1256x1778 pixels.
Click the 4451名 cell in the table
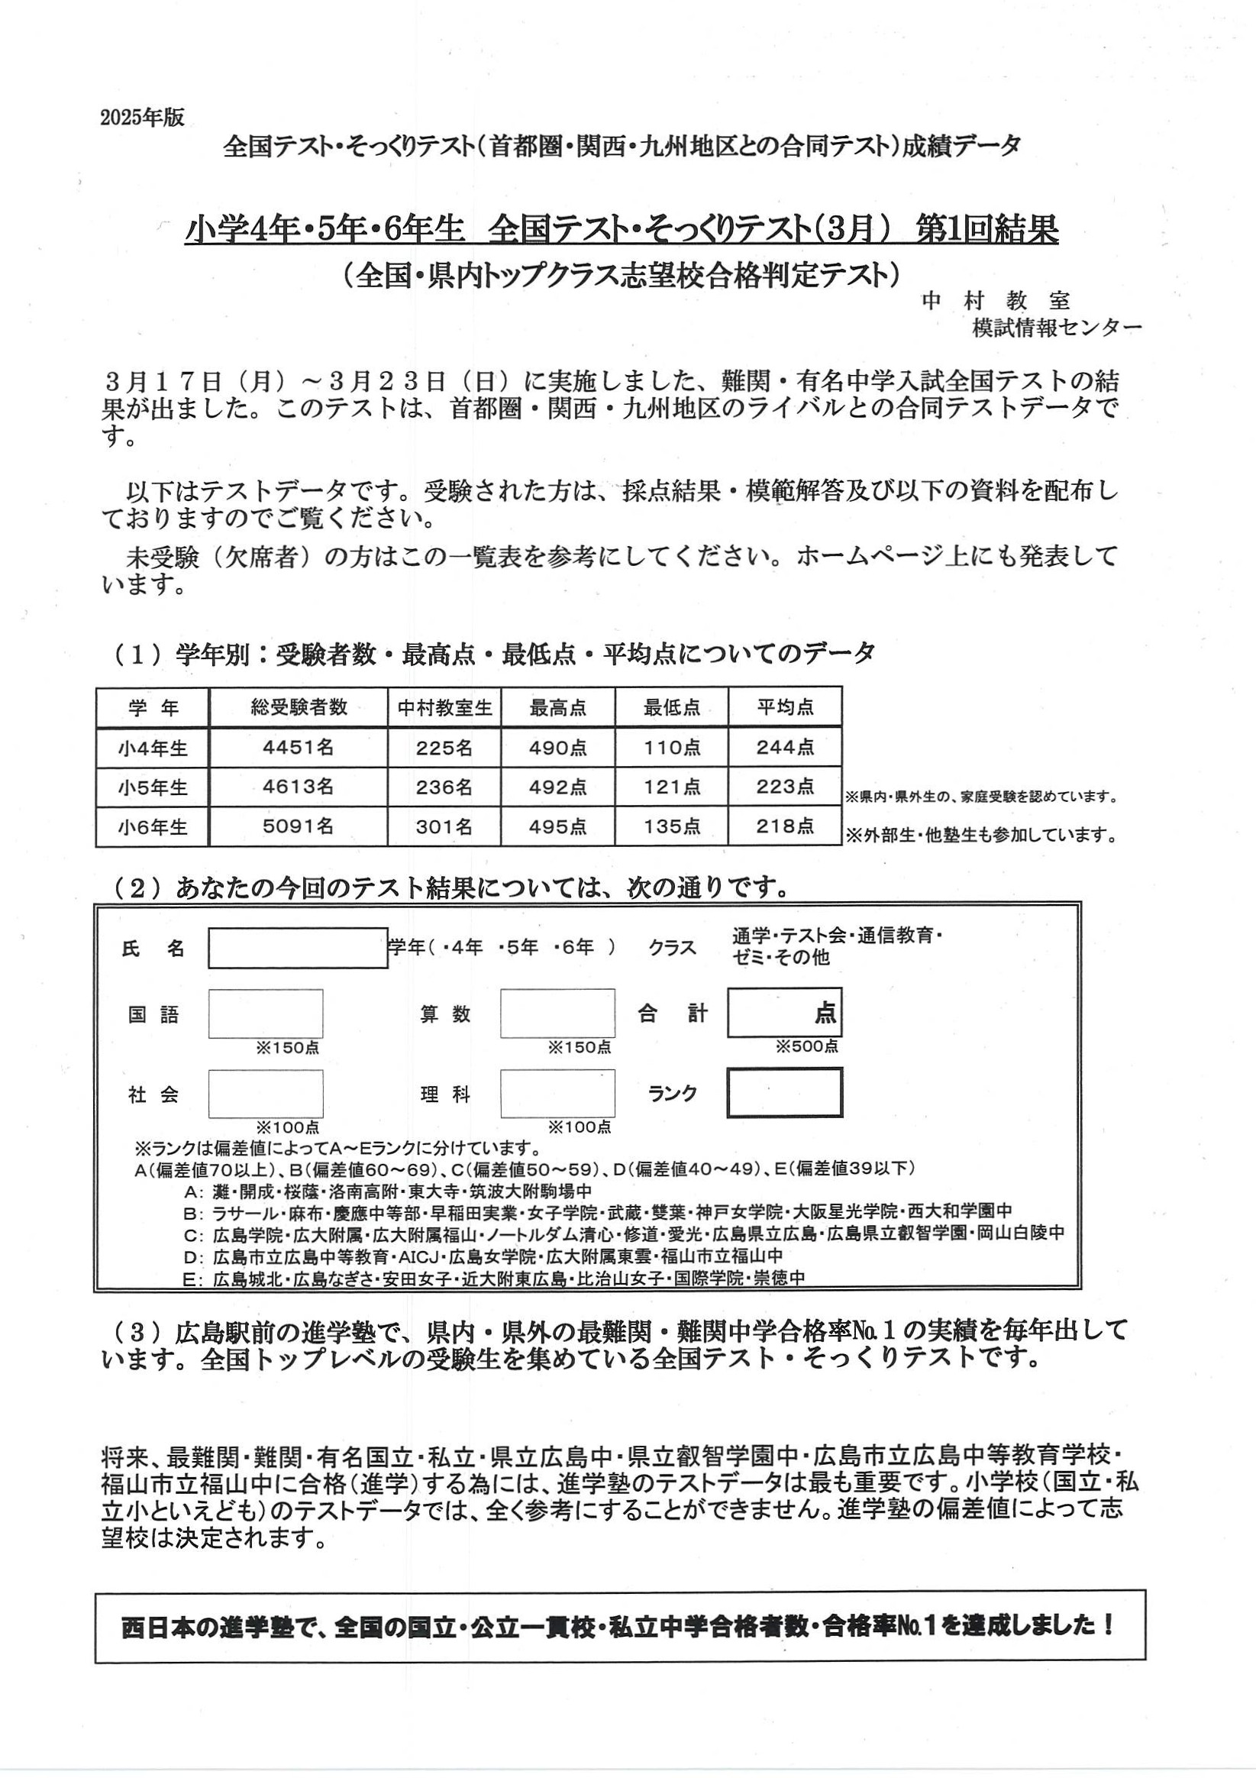tap(298, 747)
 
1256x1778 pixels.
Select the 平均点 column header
tap(784, 707)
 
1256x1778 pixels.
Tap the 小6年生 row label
tap(153, 827)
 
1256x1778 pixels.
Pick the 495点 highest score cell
tap(557, 827)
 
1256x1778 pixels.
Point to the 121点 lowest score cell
tap(671, 787)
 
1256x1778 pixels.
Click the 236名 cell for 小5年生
tap(444, 787)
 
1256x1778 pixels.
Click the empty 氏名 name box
tap(297, 948)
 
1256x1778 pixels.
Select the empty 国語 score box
tap(266, 1013)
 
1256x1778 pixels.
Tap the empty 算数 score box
tap(557, 1013)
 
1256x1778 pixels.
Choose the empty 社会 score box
tap(266, 1094)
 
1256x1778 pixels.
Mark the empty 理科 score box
tap(557, 1094)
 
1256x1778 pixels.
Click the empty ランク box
tap(784, 1093)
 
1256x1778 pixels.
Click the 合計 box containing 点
tap(784, 1012)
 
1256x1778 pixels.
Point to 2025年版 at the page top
tap(142, 117)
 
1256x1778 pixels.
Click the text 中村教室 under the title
tap(995, 300)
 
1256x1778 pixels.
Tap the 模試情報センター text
tap(1056, 328)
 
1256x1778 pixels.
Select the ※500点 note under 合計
tap(807, 1047)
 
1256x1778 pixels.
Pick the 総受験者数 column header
tap(298, 707)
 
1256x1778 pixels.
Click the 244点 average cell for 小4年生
tap(784, 747)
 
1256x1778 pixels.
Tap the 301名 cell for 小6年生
tap(444, 827)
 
